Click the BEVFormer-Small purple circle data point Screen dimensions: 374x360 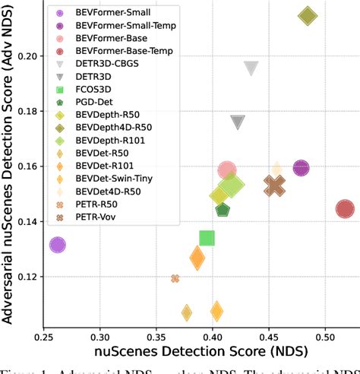tap(57, 245)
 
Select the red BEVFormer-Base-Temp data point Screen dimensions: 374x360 tap(345, 209)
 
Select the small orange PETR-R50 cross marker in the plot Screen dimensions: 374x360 tap(175, 279)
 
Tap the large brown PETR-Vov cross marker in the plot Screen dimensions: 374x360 tap(275, 185)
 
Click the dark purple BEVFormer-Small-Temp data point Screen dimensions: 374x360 tap(301, 168)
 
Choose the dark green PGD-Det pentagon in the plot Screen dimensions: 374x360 tap(223, 209)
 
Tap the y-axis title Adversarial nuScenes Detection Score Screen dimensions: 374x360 tap(9, 182)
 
